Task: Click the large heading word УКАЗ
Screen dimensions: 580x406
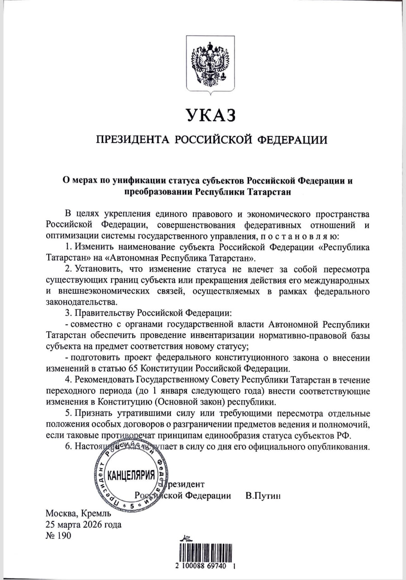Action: point(209,115)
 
